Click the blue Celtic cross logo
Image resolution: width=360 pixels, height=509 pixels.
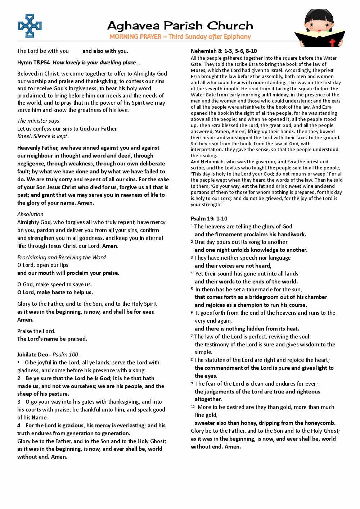click(30, 26)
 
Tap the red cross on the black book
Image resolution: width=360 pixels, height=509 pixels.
click(332, 42)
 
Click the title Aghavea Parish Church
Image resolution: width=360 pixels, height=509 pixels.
click(180, 26)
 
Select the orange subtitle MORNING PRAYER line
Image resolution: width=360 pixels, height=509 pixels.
click(180, 37)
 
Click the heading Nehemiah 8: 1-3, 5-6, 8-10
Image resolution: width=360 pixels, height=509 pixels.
click(224, 51)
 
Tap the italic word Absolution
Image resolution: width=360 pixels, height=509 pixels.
click(30, 214)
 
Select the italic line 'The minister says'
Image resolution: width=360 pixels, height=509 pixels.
click(38, 121)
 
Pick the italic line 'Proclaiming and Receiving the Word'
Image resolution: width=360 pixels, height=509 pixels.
click(62, 258)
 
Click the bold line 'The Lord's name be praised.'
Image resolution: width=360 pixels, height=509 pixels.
click(52, 339)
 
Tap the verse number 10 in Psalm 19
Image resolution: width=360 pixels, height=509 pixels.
click(193, 407)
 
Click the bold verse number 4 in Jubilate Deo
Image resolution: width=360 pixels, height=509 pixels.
click(19, 426)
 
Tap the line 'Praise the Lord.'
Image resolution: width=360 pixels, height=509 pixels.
click(36, 331)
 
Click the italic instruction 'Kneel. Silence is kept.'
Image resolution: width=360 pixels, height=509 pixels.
click(43, 136)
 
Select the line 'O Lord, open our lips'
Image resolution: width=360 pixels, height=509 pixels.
click(43, 265)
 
